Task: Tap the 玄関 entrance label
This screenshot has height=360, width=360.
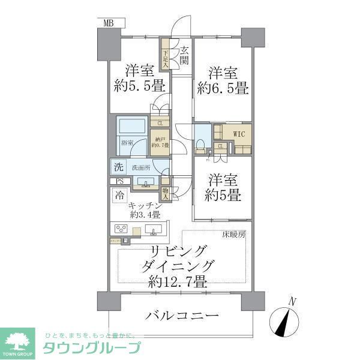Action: click(184, 56)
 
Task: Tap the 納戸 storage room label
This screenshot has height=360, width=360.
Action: click(160, 142)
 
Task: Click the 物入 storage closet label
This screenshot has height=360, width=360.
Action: click(166, 193)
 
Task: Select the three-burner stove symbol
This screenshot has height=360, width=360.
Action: click(121, 229)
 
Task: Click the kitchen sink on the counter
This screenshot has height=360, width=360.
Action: click(154, 229)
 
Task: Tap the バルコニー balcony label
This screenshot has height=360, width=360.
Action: click(179, 316)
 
